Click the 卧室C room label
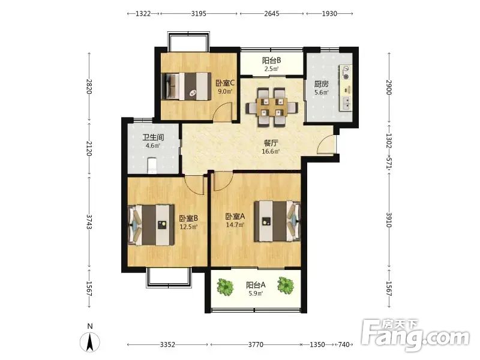coord(225,83)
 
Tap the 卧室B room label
coord(188,218)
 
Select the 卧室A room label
coord(235,217)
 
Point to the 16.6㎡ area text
coord(271,151)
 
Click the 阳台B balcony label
coord(272,61)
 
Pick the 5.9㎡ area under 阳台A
coord(256,293)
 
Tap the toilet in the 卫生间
coord(152,166)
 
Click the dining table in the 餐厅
coord(272,107)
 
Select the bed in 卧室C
coord(187,86)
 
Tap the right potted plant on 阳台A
coord(286,285)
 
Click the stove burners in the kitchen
coord(346,73)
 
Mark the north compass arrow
coord(89,342)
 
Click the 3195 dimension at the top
coord(199,13)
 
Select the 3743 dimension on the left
coord(89,221)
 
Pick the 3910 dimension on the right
coord(389,220)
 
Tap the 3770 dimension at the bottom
coord(256,344)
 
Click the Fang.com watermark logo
coord(415,335)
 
